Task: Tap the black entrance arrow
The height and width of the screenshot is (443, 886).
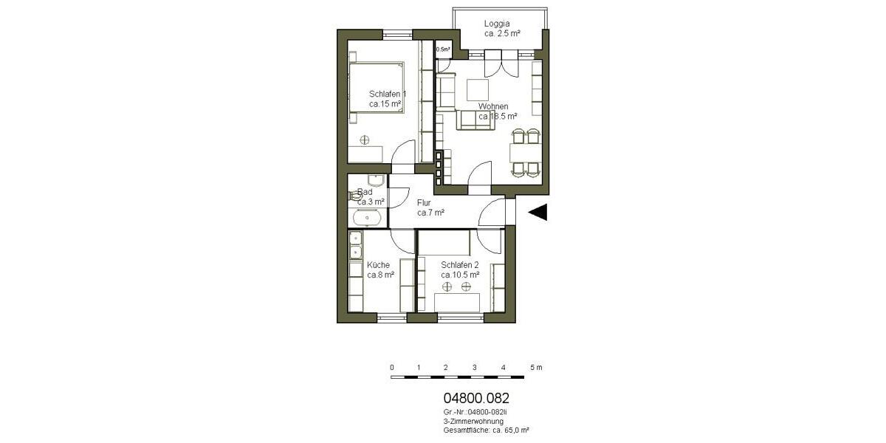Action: click(538, 212)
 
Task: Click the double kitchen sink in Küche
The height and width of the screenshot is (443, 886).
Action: click(355, 244)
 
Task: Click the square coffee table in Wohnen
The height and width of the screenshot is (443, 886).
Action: click(478, 89)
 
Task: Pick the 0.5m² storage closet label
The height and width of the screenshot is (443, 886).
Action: click(443, 50)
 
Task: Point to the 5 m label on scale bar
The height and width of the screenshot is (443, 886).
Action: click(535, 367)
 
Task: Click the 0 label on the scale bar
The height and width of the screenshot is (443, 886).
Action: click(391, 367)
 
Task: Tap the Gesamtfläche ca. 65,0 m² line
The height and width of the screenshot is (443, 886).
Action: click(486, 429)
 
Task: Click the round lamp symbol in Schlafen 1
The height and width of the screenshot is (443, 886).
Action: click(364, 140)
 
